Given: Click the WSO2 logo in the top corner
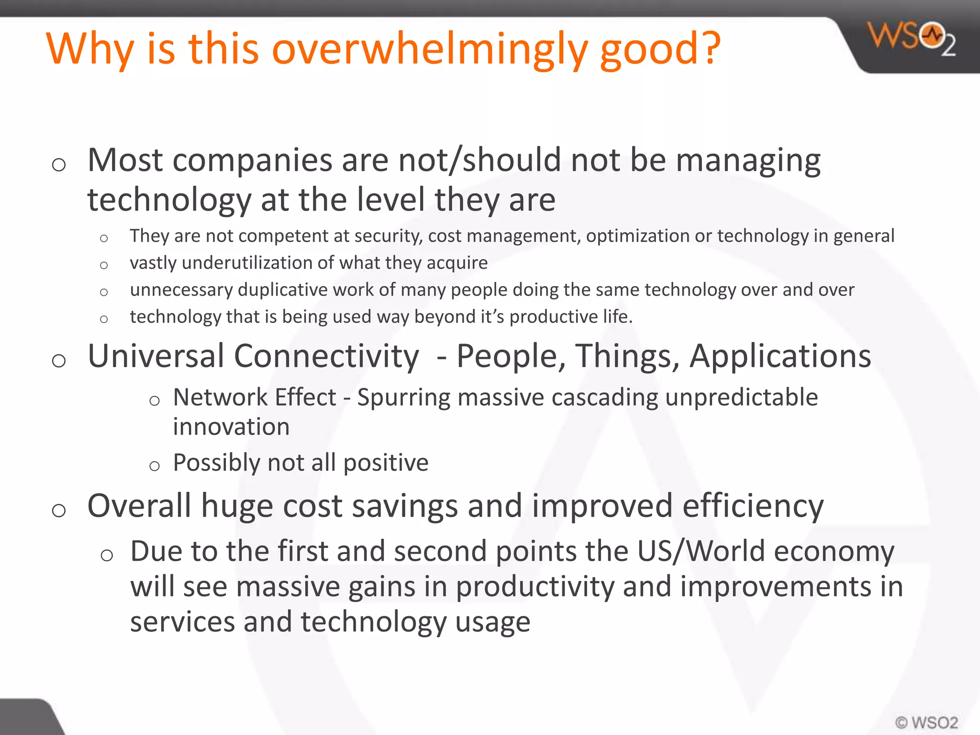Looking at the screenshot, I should (x=912, y=38).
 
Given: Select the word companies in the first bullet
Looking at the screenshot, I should (x=252, y=161).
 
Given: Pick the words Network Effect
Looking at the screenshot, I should (x=255, y=398).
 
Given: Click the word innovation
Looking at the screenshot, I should (x=231, y=427).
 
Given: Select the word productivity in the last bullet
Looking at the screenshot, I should (x=535, y=587).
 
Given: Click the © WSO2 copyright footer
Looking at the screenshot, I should (x=926, y=722).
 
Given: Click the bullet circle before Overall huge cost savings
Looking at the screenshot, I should (x=59, y=511).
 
